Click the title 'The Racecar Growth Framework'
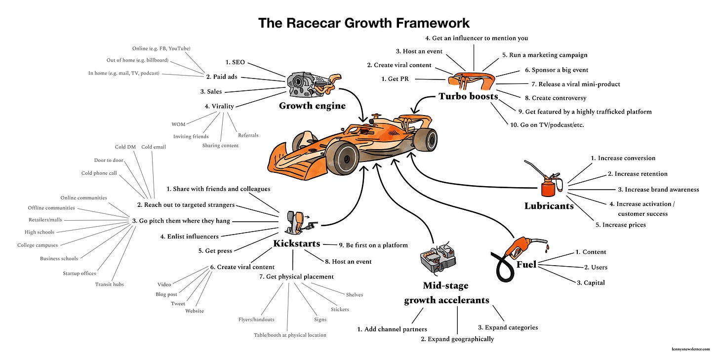point(363,23)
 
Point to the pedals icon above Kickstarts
point(299,221)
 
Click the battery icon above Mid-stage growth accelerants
point(437,258)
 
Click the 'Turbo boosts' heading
point(468,96)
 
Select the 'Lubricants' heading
point(549,206)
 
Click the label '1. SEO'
point(235,63)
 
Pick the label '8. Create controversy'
point(559,98)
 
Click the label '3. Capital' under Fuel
point(590,283)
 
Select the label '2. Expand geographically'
point(457,339)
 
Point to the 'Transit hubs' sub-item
point(109,284)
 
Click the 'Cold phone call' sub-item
point(100,173)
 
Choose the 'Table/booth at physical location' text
point(290,335)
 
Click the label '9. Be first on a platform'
point(373,245)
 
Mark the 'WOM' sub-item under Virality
point(178,124)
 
